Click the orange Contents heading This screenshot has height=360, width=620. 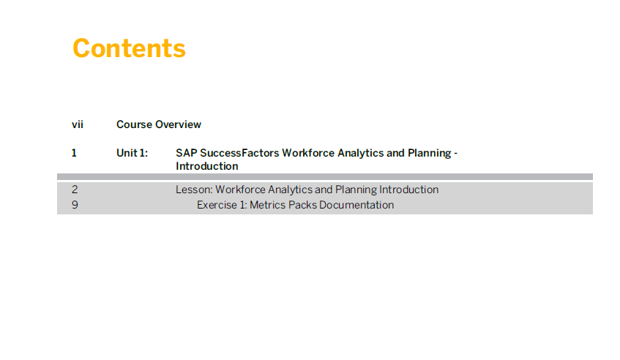tap(129, 48)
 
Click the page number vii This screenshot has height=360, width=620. tap(78, 124)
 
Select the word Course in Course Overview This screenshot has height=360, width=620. tap(135, 124)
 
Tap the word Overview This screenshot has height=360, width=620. tap(179, 124)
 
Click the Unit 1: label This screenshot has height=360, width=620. tap(132, 153)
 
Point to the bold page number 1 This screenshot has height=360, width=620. tap(74, 153)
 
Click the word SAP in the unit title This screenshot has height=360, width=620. tap(187, 153)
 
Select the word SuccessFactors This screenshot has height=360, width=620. tap(239, 153)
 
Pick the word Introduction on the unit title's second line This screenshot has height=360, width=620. tap(207, 166)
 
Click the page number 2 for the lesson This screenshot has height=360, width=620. tap(75, 190)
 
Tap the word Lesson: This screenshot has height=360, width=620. tap(194, 190)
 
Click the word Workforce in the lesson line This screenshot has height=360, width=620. tap(240, 190)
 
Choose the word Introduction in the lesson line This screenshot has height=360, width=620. tap(409, 190)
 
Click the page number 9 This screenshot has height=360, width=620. tap(75, 205)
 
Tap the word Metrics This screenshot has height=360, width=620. tap(268, 205)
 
